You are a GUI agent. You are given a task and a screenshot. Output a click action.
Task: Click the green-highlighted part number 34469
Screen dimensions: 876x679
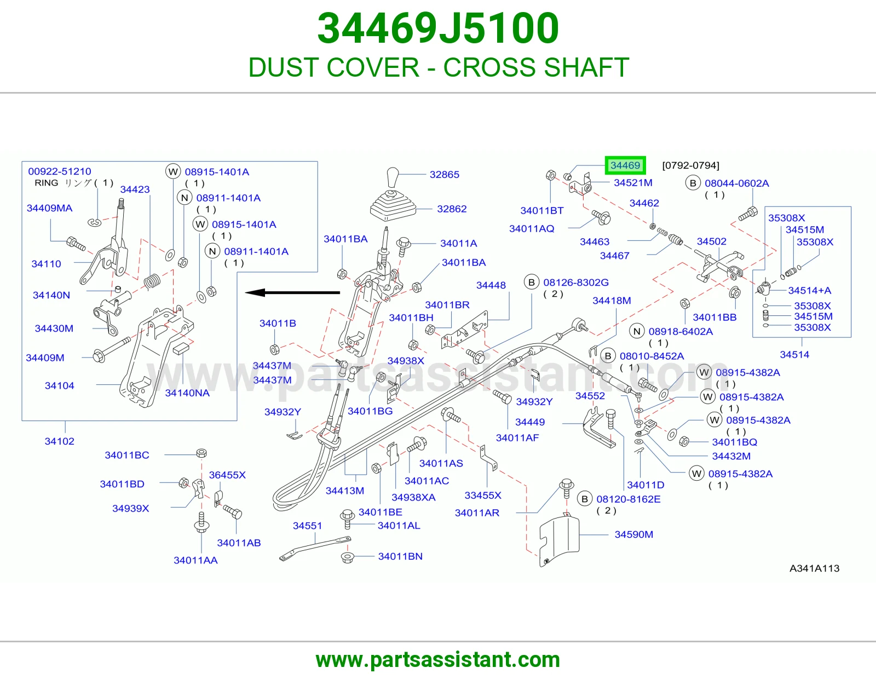[x=625, y=165]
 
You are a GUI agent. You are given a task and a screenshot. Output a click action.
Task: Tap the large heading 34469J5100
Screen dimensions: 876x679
[x=438, y=28]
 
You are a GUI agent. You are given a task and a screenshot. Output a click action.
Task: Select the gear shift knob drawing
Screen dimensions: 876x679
[x=392, y=178]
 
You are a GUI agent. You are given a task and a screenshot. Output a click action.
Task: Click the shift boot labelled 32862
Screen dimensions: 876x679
[x=393, y=205]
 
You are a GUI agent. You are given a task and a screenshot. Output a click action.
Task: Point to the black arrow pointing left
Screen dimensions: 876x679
[x=293, y=293]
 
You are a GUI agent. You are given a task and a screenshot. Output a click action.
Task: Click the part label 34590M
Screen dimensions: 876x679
[x=633, y=534]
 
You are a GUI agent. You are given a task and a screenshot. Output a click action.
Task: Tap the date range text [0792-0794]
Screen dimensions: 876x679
[x=690, y=165]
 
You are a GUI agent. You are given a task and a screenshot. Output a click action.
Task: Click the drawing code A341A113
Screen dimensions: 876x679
[x=814, y=568]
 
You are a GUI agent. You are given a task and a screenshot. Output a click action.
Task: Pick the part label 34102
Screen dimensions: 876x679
[x=59, y=441]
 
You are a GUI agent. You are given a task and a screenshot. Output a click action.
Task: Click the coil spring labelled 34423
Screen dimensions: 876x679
[x=152, y=281]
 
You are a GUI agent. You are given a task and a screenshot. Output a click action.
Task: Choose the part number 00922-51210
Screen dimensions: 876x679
[x=60, y=171]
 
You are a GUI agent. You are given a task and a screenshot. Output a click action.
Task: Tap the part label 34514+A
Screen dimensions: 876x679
[x=810, y=290]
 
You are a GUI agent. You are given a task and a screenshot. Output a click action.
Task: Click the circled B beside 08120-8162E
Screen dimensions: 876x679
[x=585, y=499]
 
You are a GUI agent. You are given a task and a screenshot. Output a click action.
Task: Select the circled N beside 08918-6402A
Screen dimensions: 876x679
[x=637, y=331]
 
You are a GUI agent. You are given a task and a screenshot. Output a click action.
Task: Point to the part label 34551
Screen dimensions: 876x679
[x=308, y=526]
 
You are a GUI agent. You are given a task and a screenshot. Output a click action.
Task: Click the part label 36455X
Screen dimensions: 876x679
[x=227, y=475]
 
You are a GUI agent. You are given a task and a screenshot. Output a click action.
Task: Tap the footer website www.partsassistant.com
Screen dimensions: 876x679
[x=438, y=660]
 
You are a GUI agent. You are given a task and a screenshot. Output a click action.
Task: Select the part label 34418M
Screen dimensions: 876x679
[x=612, y=301]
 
